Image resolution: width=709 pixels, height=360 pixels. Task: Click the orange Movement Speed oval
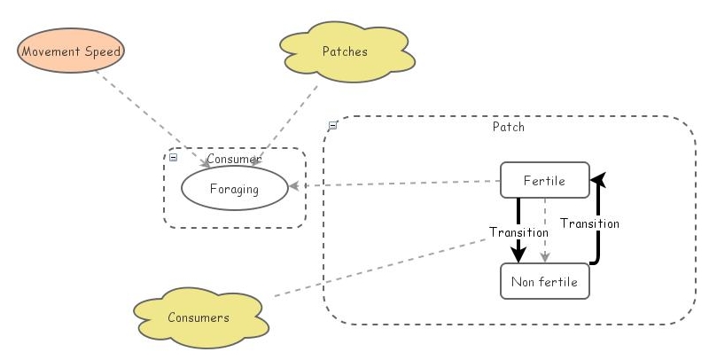point(71,51)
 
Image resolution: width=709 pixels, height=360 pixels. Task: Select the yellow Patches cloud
point(346,52)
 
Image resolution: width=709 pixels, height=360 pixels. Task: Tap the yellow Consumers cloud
point(199,317)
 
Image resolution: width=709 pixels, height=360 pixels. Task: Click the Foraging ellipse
point(234,188)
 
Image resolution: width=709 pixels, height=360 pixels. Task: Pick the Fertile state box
point(544,181)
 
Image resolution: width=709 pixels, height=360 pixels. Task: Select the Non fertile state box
point(544,282)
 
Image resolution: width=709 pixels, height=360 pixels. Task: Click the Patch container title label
point(508,127)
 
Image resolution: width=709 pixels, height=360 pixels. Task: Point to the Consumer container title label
point(233,159)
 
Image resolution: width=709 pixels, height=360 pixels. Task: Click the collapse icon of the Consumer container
point(174,157)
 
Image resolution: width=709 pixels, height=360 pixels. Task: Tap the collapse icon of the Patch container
point(332,126)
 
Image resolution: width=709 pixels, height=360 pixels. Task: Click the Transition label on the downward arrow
point(518,231)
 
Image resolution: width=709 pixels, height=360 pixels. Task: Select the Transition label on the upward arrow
point(590,223)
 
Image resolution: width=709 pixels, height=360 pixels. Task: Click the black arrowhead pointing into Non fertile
point(518,254)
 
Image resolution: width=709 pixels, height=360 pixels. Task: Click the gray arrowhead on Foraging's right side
point(295,187)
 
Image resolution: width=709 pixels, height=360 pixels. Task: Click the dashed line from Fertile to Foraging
point(399,184)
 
